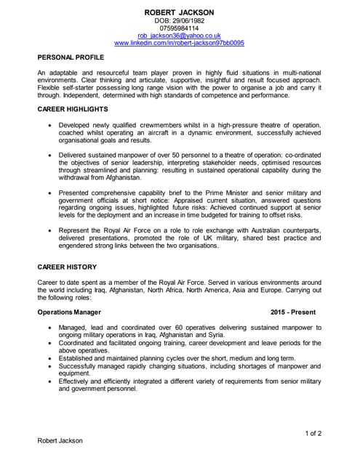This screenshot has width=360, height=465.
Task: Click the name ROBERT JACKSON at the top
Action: (179, 13)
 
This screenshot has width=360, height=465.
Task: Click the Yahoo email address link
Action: (179, 36)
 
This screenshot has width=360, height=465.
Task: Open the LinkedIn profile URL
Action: (179, 43)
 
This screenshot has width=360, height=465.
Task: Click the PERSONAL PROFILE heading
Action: (71, 57)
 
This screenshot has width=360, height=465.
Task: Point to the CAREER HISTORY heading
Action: (67, 267)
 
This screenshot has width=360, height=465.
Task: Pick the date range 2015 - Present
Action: (293, 312)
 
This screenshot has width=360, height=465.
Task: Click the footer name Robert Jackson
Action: (60, 440)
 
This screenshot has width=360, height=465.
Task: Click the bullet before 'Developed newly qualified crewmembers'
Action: (49, 125)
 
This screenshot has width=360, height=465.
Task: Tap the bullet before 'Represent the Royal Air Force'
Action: (49, 230)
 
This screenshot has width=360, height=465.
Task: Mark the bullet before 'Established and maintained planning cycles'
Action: (49, 358)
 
